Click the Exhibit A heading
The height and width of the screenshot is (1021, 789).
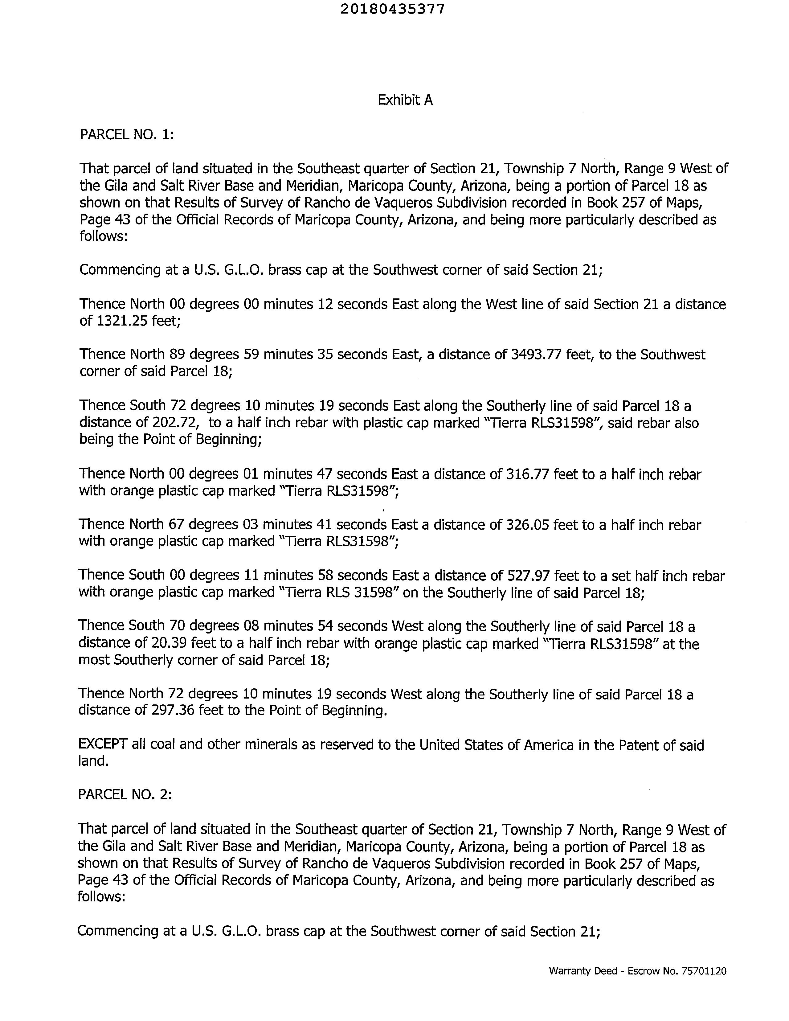(x=405, y=100)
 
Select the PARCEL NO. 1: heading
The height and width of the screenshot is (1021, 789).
(x=127, y=135)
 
